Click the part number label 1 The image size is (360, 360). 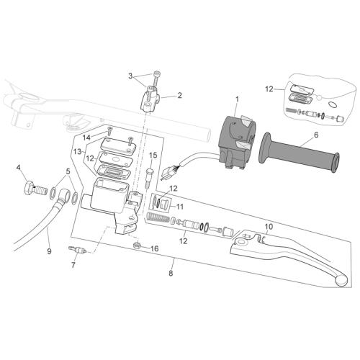[x=237, y=99]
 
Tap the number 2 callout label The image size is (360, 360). [x=179, y=96]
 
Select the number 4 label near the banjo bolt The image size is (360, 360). [x=18, y=168]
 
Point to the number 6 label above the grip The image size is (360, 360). [x=316, y=135]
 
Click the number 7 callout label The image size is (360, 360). [x=73, y=265]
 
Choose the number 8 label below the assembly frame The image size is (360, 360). [x=171, y=274]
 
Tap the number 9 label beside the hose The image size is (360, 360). [x=49, y=251]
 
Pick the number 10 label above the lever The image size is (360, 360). [x=269, y=226]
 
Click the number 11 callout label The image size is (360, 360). [x=179, y=207]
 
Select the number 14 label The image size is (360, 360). [x=86, y=138]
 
